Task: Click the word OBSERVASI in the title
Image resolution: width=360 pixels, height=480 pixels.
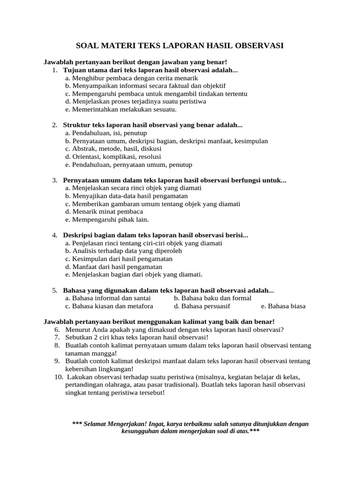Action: [257, 46]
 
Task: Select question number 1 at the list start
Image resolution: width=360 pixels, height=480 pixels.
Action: [55, 70]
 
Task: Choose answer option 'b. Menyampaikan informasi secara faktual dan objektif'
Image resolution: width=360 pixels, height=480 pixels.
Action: [145, 86]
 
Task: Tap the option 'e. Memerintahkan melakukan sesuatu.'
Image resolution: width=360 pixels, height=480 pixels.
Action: [121, 109]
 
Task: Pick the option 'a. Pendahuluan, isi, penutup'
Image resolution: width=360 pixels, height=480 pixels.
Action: [106, 133]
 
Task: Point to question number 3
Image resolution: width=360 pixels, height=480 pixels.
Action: [55, 180]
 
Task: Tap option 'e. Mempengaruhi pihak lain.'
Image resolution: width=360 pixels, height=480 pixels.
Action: [107, 219]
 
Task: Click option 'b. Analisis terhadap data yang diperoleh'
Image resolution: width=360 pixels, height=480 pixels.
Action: [124, 251]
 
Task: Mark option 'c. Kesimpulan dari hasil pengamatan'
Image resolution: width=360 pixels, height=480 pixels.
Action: [119, 259]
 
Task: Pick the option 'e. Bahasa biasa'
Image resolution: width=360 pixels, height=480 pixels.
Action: [283, 306]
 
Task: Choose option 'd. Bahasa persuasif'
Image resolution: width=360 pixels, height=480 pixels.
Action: [202, 306]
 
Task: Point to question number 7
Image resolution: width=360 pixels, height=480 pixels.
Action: [57, 337]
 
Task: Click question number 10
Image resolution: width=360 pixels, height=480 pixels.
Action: [59, 377]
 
